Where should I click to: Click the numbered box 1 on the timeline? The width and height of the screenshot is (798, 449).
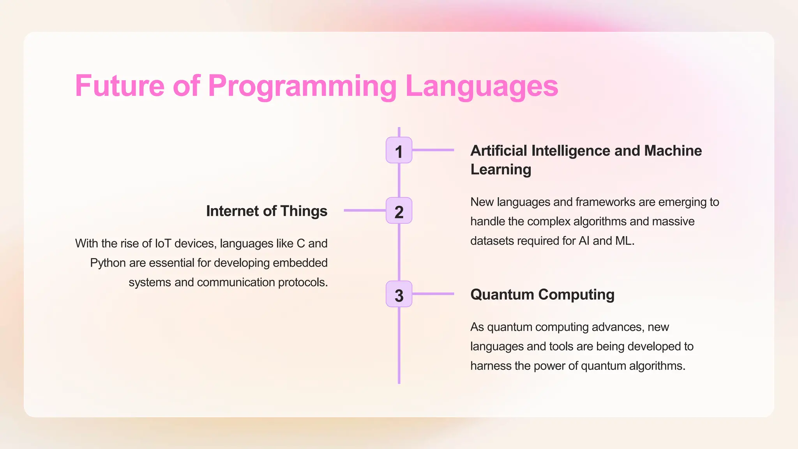(x=399, y=150)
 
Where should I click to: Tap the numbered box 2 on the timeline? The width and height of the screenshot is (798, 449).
(x=399, y=210)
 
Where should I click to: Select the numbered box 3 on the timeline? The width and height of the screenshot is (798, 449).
(x=399, y=294)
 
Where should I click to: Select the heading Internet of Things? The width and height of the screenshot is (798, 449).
(x=267, y=211)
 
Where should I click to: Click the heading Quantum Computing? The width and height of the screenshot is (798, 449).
(x=542, y=294)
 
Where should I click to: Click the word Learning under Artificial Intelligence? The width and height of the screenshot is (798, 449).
(x=500, y=169)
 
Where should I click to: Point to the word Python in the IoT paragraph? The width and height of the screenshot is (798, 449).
(x=108, y=263)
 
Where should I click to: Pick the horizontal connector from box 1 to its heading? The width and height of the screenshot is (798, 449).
(x=433, y=150)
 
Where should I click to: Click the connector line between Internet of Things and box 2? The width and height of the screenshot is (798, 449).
(x=365, y=210)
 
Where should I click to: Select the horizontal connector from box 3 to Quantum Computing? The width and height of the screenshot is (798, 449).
(x=433, y=293)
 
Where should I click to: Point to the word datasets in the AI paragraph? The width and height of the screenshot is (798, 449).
(x=492, y=241)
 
